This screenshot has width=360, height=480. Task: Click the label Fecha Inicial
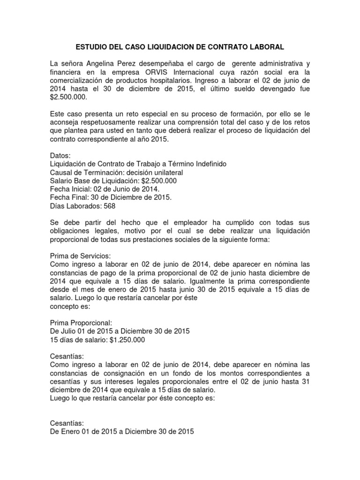70,189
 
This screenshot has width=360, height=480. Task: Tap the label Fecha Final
68,197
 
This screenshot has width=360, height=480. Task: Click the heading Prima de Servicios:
80,256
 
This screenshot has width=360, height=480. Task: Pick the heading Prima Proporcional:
81,323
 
